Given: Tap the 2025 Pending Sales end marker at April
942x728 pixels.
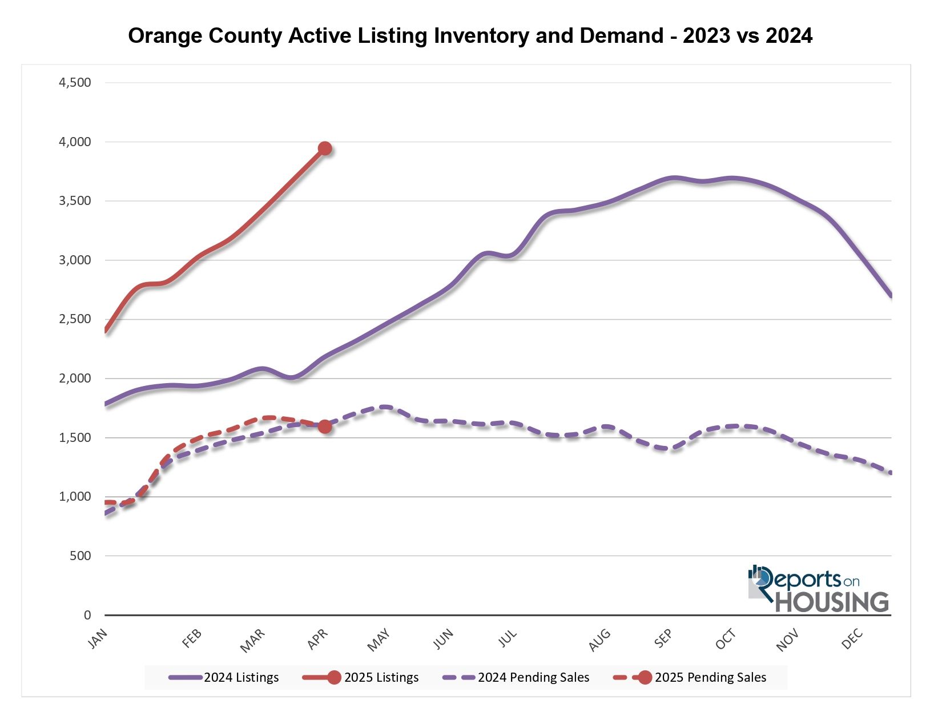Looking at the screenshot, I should coord(325,427).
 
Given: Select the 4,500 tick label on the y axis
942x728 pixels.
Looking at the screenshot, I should coord(75,83).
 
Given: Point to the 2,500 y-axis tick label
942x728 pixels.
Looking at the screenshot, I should coord(75,319).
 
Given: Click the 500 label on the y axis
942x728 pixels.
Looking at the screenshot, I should coord(80,556).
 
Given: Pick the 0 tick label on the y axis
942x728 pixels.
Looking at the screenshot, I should coord(87,615).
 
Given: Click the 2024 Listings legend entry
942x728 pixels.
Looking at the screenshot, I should coord(224,678).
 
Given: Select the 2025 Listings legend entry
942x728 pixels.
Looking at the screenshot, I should coord(361,678).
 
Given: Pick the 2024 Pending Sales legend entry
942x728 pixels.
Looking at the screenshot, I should coord(516,678).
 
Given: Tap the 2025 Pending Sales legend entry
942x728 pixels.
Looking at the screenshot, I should coord(690,678).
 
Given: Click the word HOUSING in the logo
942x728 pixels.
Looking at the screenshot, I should coord(831,602).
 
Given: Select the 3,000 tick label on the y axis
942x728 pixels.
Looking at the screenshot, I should coord(75,260).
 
